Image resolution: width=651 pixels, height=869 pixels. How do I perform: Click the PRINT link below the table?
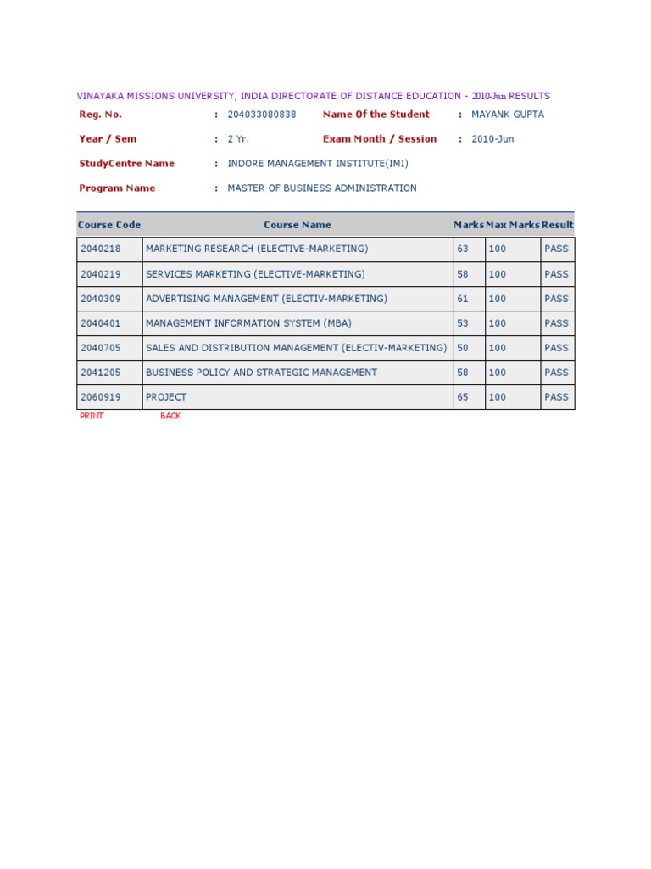tap(92, 416)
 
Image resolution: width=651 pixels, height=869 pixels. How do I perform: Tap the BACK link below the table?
tap(170, 416)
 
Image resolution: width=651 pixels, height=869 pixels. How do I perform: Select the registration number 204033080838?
tap(262, 115)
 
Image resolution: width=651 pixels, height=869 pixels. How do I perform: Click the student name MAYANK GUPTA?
tap(508, 115)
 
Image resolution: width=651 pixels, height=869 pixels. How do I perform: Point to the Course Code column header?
tap(109, 225)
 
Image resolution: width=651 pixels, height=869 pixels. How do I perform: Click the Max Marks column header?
tap(513, 225)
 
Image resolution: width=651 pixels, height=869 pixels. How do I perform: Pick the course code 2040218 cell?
tap(101, 249)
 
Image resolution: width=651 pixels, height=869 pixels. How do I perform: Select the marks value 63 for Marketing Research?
tap(463, 249)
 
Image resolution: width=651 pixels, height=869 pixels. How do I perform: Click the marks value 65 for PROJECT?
tap(463, 397)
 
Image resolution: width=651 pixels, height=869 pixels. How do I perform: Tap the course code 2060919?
tap(101, 397)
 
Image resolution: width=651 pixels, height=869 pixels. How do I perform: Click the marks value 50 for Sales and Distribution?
tap(463, 348)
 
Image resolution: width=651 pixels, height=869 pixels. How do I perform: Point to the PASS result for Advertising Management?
tap(557, 299)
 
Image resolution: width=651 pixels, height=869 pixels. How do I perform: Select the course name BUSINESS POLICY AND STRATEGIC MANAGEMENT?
tap(262, 373)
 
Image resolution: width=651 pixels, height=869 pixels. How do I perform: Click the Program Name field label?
tap(117, 188)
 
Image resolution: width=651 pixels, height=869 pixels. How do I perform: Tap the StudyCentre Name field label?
tap(126, 164)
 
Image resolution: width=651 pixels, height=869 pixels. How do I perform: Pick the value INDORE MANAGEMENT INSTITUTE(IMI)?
tap(318, 164)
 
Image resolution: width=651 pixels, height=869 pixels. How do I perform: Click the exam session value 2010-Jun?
tap(492, 139)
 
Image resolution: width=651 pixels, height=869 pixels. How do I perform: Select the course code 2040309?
tap(101, 299)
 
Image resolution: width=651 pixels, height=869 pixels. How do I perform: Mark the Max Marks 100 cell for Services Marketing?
tap(498, 274)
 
